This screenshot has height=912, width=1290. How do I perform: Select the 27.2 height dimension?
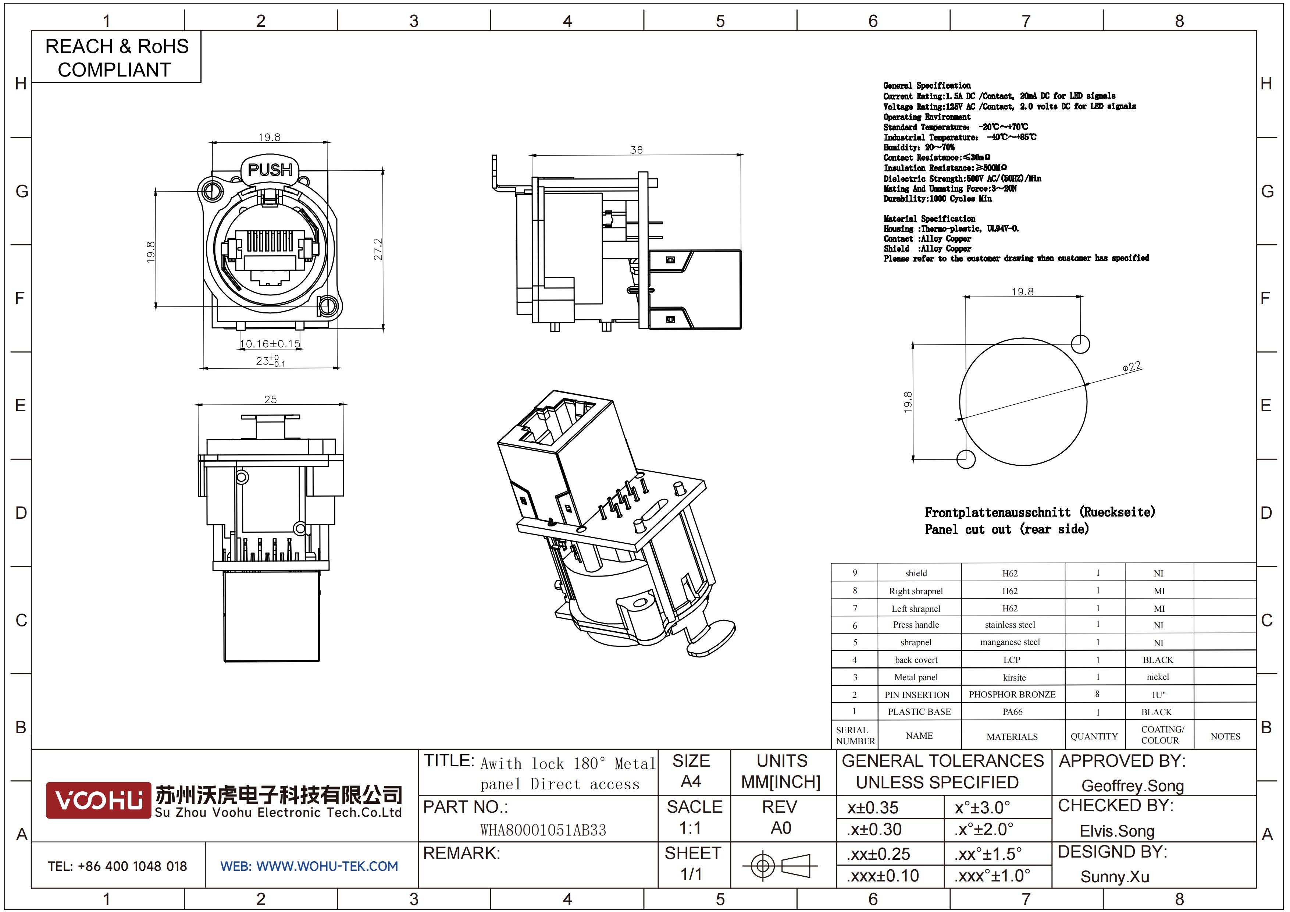378,249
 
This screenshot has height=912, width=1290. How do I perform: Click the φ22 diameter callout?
1132,366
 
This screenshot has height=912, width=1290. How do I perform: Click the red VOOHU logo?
98,800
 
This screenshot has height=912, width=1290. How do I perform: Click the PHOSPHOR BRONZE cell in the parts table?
1012,695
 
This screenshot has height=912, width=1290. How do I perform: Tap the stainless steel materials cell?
1010,625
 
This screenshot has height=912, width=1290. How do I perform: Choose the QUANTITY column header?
1094,737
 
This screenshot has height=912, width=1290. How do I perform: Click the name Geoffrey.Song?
1132,785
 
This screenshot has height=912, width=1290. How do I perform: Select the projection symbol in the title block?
780,866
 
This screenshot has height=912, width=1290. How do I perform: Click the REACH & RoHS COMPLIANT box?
116,57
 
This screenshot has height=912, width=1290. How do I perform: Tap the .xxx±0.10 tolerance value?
883,876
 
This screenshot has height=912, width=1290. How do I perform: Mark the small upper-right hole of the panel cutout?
1080,344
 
